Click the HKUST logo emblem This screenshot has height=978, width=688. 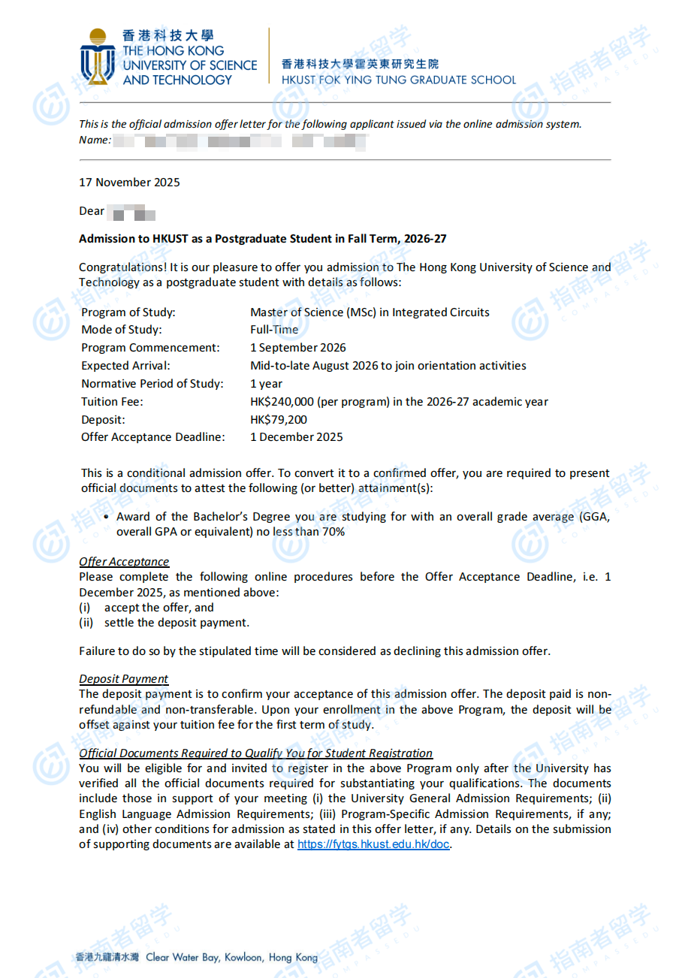[98, 57]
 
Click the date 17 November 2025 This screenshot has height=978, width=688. [129, 183]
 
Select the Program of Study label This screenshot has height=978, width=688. [128, 312]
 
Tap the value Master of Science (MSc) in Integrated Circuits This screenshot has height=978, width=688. [370, 312]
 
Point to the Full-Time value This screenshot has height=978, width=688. [274, 330]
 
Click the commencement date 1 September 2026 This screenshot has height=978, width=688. [298, 348]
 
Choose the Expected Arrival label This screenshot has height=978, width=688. [126, 366]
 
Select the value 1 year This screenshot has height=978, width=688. [267, 384]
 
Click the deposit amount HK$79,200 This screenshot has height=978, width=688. [279, 420]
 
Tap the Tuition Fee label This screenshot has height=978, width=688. [112, 402]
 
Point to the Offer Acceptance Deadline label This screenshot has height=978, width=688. [153, 437]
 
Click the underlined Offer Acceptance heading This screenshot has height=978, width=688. [124, 562]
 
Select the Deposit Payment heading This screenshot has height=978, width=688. [123, 679]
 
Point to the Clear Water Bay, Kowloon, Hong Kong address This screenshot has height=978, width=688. [231, 958]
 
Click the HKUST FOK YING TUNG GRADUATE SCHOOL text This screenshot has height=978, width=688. [399, 80]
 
